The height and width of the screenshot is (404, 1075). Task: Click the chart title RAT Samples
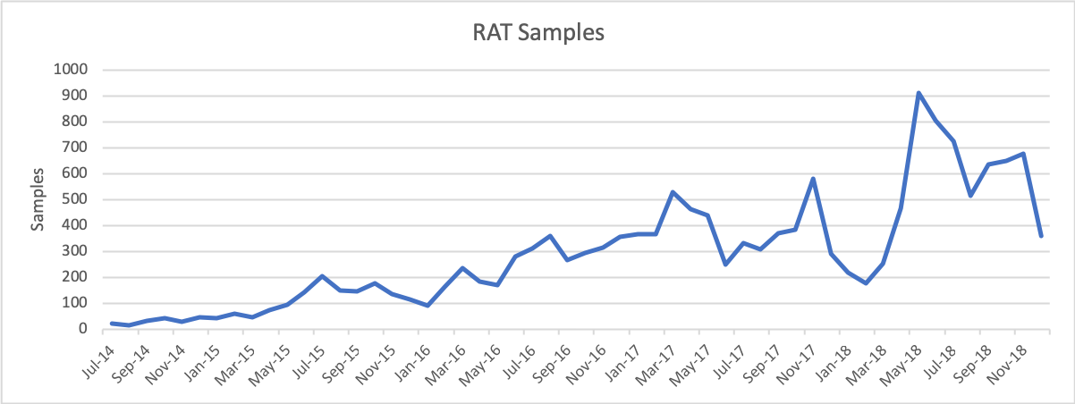coord(538,33)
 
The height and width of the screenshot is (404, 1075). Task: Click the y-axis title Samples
coord(38,198)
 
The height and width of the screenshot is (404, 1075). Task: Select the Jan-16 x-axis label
coord(417,358)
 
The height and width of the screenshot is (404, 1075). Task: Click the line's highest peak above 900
coord(918,93)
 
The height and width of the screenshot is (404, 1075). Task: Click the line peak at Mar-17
coord(673,192)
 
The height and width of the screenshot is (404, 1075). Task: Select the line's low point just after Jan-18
coord(866,282)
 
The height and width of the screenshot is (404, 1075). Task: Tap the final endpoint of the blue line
coord(1041,236)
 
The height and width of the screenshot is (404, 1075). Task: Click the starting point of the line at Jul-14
coord(112,323)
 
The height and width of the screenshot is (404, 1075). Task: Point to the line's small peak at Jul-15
coord(322,276)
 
